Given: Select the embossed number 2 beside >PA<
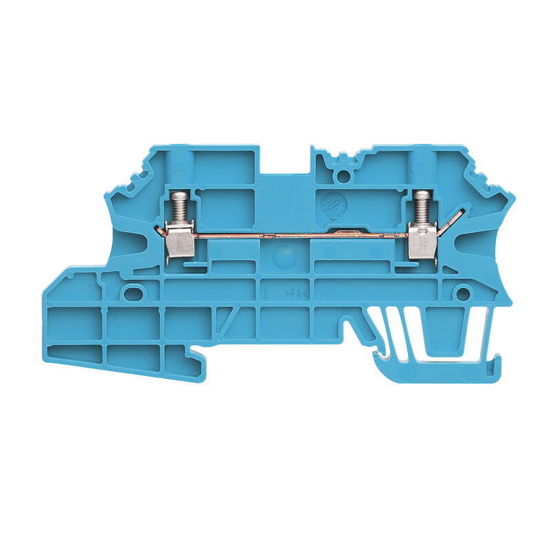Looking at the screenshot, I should tap(265, 294).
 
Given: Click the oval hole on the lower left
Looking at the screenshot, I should tap(130, 294).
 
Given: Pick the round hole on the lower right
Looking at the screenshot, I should tap(463, 295).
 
